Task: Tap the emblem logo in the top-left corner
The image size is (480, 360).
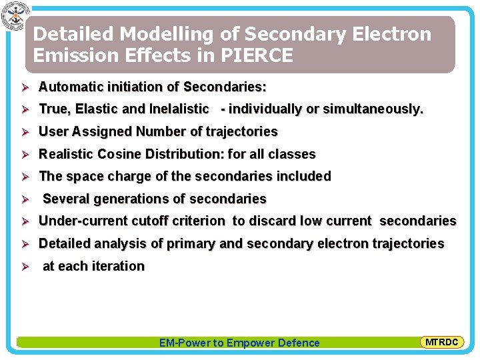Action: pyautogui.click(x=13, y=16)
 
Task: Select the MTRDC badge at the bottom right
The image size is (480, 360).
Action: pyautogui.click(x=441, y=342)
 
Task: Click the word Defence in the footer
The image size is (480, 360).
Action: pyautogui.click(x=297, y=343)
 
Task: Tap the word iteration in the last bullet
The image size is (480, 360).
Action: pyautogui.click(x=118, y=266)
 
